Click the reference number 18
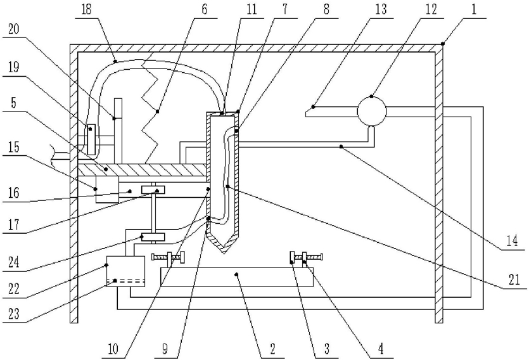point(87,9)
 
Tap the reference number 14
point(512,241)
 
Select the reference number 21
point(514,280)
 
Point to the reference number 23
point(14,314)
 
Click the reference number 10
point(113,349)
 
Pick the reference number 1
point(474,9)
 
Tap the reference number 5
point(13,102)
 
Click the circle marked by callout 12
point(371,112)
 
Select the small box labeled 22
point(125,271)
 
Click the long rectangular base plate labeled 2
point(237,277)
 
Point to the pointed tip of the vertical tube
point(224,254)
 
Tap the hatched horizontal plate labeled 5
point(142,170)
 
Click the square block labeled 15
point(107,190)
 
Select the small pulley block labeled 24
point(153,237)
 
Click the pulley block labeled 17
point(153,190)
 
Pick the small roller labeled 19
point(91,139)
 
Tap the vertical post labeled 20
point(118,131)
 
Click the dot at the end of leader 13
point(313,106)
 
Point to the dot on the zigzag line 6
point(157,111)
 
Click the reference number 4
point(380,349)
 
